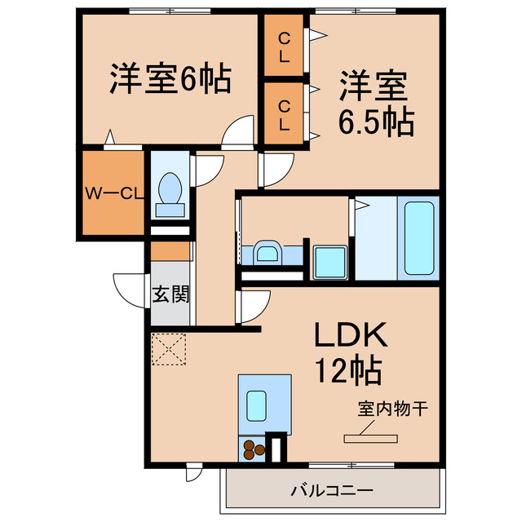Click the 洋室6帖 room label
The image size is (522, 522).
point(170,79)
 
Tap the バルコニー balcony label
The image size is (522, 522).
point(332,491)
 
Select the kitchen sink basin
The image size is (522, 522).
point(256,404)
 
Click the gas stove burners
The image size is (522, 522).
point(252,448)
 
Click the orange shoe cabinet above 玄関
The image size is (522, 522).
point(170,250)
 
